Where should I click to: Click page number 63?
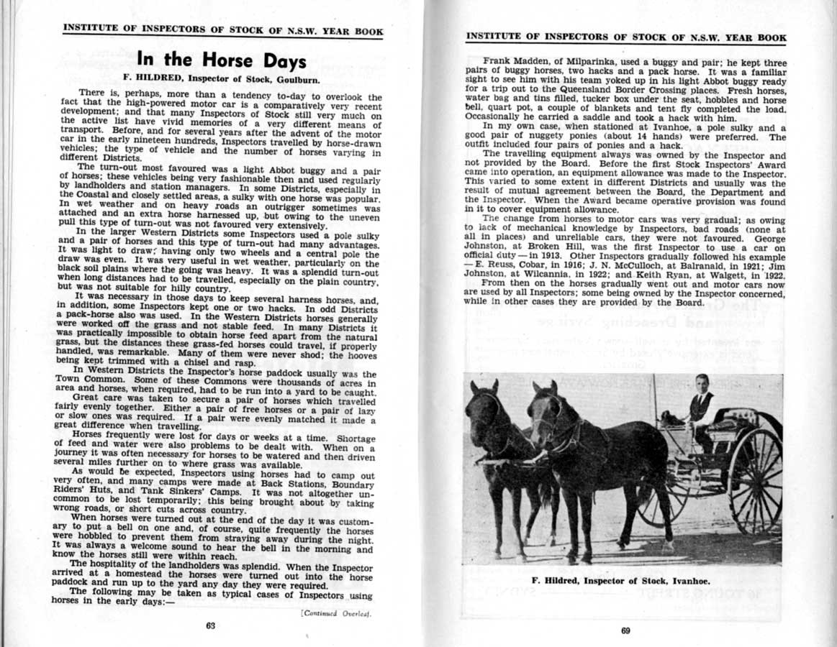coord(210,625)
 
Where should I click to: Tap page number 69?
coord(625,631)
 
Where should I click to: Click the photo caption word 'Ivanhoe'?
coord(689,580)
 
